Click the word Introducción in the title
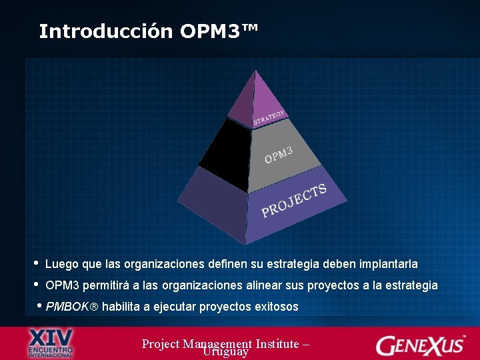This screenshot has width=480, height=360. pyautogui.click(x=106, y=31)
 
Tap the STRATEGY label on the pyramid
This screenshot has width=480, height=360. pyautogui.click(x=269, y=117)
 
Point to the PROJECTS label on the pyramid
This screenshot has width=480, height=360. pyautogui.click(x=294, y=201)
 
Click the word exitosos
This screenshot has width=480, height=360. pyautogui.click(x=276, y=307)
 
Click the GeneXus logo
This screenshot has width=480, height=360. pyautogui.click(x=421, y=345)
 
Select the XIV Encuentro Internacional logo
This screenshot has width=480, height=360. pyautogui.click(x=51, y=343)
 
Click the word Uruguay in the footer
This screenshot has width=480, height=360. pyautogui.click(x=226, y=351)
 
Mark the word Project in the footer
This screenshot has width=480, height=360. pyautogui.click(x=161, y=343)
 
